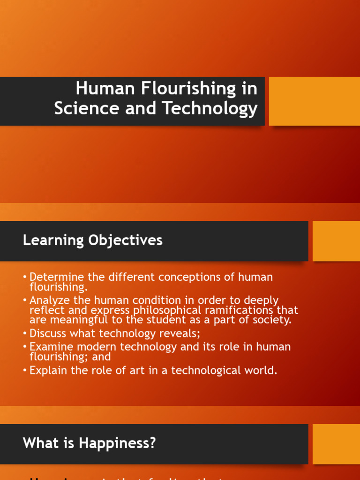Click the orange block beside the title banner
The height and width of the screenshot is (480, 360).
click(314, 101)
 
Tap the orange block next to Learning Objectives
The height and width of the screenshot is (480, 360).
click(336, 241)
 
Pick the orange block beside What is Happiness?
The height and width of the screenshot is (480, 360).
click(336, 444)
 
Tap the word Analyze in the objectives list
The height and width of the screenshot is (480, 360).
click(49, 300)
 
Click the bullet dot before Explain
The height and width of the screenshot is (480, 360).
click(25, 371)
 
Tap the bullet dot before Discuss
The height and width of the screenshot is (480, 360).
click(25, 334)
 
